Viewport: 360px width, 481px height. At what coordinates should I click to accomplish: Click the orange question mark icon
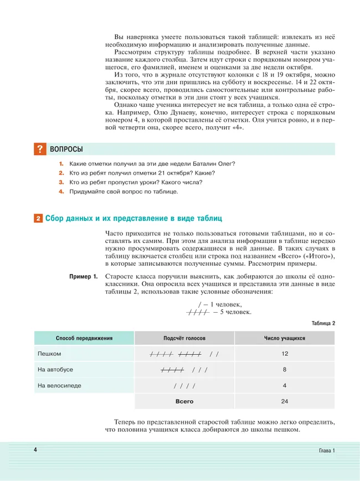point(40,149)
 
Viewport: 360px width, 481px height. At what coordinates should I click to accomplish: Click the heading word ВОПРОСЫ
point(66,149)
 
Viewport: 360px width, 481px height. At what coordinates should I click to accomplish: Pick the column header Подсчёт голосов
point(184,338)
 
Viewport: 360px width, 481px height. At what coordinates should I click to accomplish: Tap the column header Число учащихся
point(285,338)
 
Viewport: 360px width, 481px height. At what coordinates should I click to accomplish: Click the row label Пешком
point(49,353)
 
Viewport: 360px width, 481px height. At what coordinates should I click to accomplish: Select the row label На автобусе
point(55,369)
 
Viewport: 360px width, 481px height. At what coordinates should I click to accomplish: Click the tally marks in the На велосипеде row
point(184,385)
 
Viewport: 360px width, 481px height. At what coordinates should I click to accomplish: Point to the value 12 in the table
point(285,353)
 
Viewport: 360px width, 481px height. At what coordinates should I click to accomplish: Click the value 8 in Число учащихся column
point(285,369)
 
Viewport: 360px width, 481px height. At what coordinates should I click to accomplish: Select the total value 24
point(285,401)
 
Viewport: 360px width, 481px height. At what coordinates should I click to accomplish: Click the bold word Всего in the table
point(184,401)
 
